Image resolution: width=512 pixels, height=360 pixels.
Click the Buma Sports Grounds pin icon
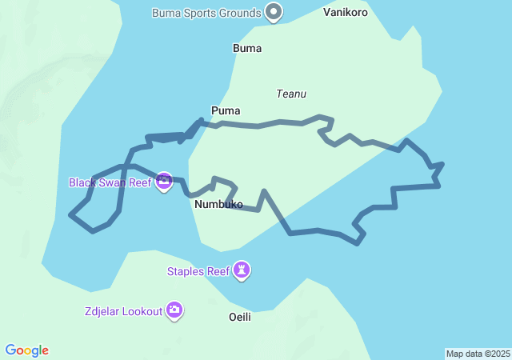274,12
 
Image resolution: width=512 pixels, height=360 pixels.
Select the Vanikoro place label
346,13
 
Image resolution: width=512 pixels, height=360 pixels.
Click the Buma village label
247,49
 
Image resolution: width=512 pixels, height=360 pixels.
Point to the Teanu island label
291,94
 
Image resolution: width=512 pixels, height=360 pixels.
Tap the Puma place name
226,110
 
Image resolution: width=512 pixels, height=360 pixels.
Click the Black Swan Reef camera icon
164,182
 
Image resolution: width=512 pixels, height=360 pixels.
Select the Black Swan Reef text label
110,182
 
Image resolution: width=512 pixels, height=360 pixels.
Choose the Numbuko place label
218,205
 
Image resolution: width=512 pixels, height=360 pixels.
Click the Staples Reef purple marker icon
242,270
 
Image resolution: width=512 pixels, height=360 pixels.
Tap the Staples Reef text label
198,271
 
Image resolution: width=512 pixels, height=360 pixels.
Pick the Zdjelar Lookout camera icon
174,310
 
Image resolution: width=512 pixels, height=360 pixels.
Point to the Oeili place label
240,317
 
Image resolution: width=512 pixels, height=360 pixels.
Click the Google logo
27,350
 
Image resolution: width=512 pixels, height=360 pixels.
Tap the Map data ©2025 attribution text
478,354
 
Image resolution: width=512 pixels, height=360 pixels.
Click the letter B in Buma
236,49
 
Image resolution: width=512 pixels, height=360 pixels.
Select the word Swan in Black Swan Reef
112,182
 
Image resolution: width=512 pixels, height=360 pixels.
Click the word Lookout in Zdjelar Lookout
142,311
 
